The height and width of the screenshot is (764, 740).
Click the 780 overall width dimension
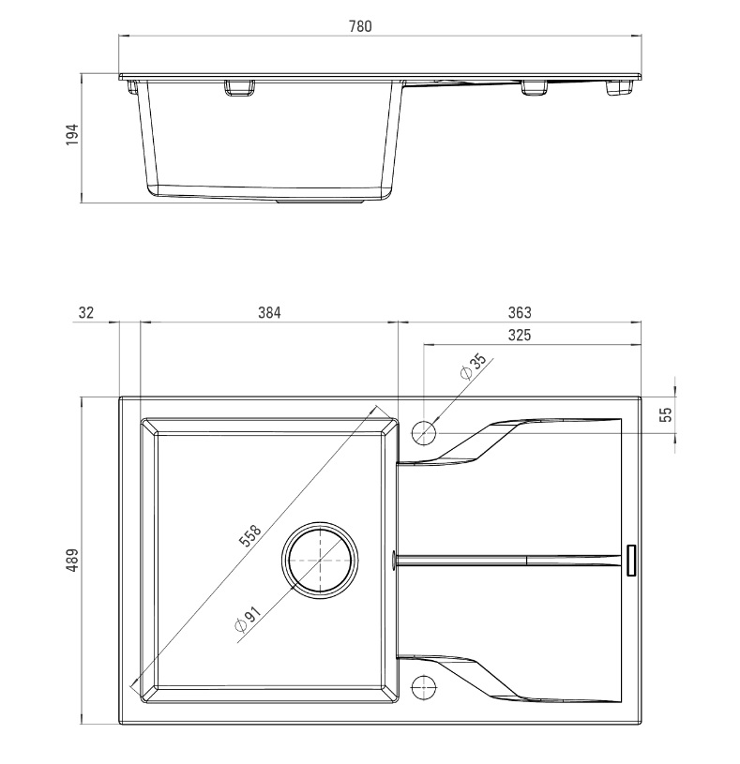(x=360, y=26)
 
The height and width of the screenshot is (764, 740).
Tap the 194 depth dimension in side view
(x=71, y=134)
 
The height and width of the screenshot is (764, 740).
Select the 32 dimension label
(x=85, y=312)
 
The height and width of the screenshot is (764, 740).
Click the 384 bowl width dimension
(x=269, y=312)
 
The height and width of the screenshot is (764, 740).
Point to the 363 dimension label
(x=520, y=312)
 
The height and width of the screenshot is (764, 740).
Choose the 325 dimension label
(x=520, y=336)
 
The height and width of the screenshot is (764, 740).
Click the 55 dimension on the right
(x=665, y=414)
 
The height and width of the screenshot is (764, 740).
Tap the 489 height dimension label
(x=71, y=561)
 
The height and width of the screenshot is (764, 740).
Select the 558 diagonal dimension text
(x=250, y=536)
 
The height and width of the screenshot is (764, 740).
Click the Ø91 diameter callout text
(x=249, y=619)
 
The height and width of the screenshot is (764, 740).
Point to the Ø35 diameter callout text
(x=474, y=367)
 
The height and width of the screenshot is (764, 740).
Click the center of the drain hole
(x=320, y=561)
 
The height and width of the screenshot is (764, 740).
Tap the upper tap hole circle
(x=424, y=432)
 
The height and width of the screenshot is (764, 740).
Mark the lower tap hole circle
(x=424, y=686)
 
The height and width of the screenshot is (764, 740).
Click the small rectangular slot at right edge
(x=631, y=561)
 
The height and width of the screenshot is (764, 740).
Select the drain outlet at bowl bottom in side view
(x=320, y=200)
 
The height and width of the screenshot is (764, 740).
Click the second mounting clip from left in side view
(x=239, y=88)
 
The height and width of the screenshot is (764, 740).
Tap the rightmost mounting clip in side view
(x=620, y=88)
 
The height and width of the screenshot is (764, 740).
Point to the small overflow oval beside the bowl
(x=393, y=559)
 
